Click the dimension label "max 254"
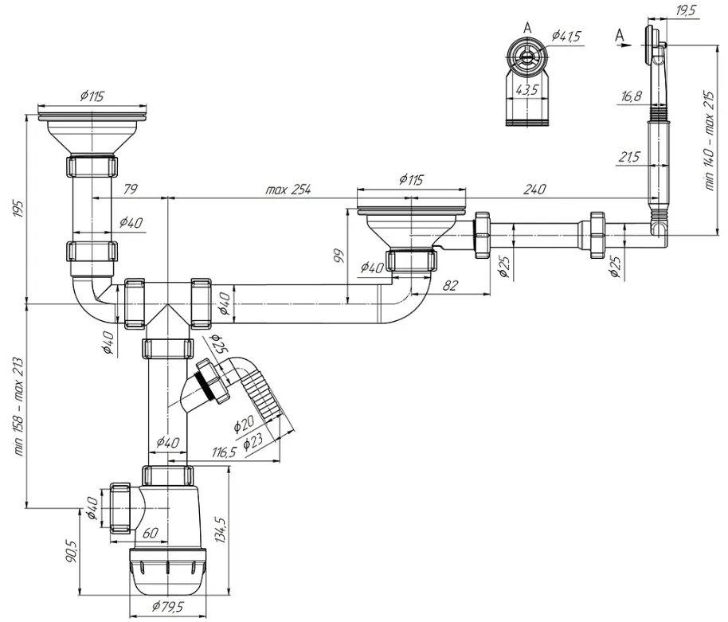pos(288,190)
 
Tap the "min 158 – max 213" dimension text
pos(18,405)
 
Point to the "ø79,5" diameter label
pos(168,606)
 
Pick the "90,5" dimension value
pos(71,551)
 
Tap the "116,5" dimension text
pos(225,452)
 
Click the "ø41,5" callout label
pos(566,36)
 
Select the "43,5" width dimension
pos(526,89)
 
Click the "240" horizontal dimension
pos(534,189)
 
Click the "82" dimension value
pos(449,285)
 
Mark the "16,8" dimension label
pos(632,96)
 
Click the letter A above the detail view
pos(527,28)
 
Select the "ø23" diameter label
pos(253,440)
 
